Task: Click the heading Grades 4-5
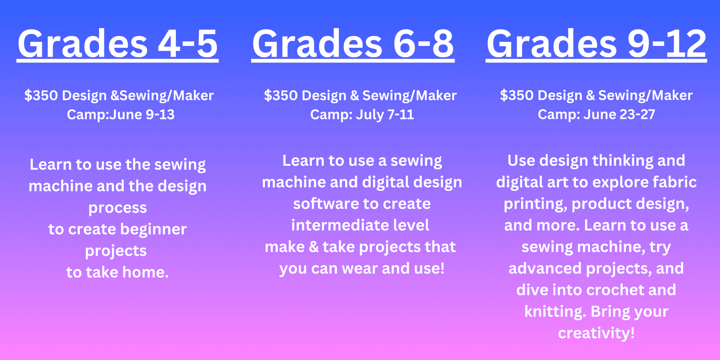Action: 117,44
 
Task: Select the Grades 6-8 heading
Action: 353,44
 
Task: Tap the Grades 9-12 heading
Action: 596,44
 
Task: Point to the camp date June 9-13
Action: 142,115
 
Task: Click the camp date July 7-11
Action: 385,115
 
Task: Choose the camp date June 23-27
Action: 619,114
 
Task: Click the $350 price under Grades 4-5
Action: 41,95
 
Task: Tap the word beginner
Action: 153,229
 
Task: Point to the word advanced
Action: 545,268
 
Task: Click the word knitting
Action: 555,312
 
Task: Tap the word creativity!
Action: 596,333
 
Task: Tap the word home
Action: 145,272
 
